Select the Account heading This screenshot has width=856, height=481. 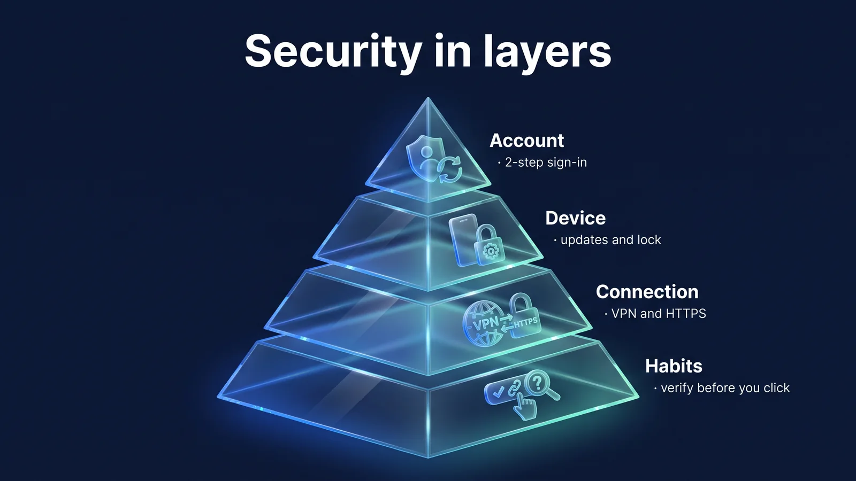point(526,141)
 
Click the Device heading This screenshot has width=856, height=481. point(576,219)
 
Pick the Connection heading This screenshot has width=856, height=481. point(647,292)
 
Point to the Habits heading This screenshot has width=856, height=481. point(674,366)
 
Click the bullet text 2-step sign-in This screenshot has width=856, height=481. point(546,162)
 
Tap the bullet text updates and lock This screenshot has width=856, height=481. point(610,240)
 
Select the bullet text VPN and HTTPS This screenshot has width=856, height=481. point(659,313)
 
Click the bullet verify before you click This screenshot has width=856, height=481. point(725,388)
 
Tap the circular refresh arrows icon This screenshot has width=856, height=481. point(449,169)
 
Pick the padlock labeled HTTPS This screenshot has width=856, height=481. point(525,315)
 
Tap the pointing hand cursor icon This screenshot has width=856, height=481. point(525,407)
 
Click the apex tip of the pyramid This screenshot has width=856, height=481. point(428,98)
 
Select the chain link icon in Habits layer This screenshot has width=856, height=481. point(514,389)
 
